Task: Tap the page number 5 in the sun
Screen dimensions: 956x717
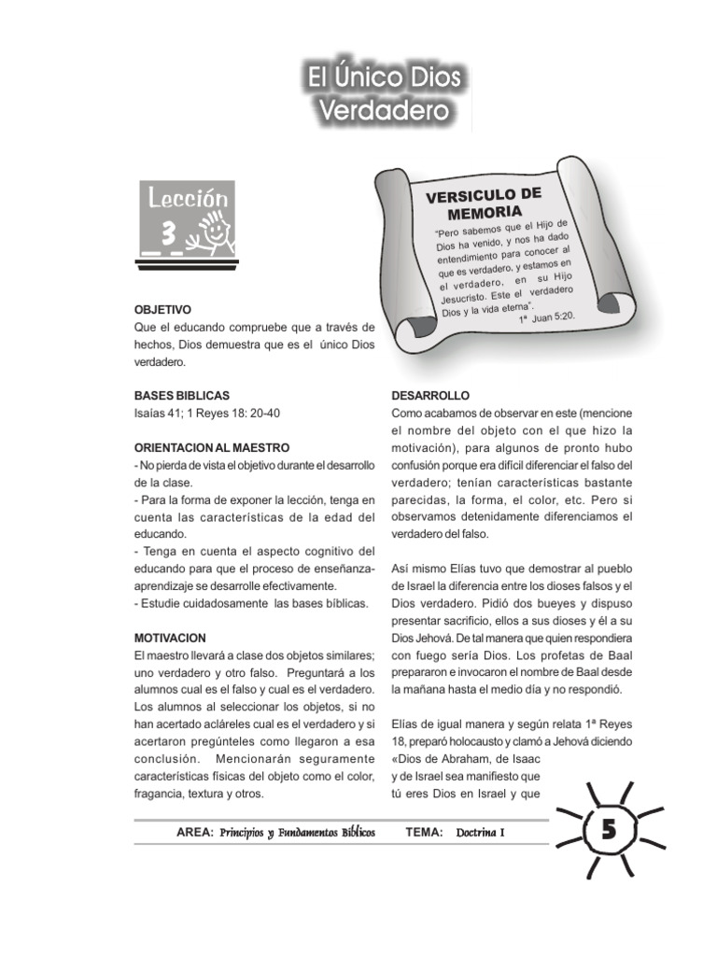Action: pos(607,830)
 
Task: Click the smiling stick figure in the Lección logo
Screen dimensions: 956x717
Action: pos(214,230)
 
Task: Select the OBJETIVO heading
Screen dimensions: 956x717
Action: pos(163,308)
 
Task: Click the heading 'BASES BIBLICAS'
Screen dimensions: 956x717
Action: pos(182,396)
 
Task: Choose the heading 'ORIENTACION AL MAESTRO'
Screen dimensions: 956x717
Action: pos(212,448)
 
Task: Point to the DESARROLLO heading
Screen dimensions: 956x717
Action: pos(430,396)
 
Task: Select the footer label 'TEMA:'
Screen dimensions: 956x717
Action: pos(425,832)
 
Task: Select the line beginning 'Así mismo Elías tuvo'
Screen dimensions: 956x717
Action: pos(512,569)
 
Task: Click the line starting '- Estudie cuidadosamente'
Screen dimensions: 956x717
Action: pos(251,603)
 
